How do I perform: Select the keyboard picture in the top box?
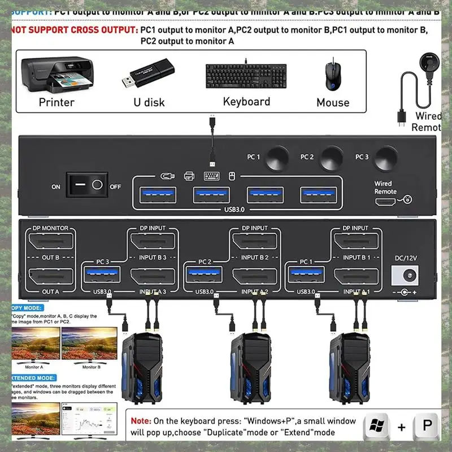[246, 74]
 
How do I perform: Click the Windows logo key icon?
[376, 427]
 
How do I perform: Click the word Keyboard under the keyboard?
[246, 102]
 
